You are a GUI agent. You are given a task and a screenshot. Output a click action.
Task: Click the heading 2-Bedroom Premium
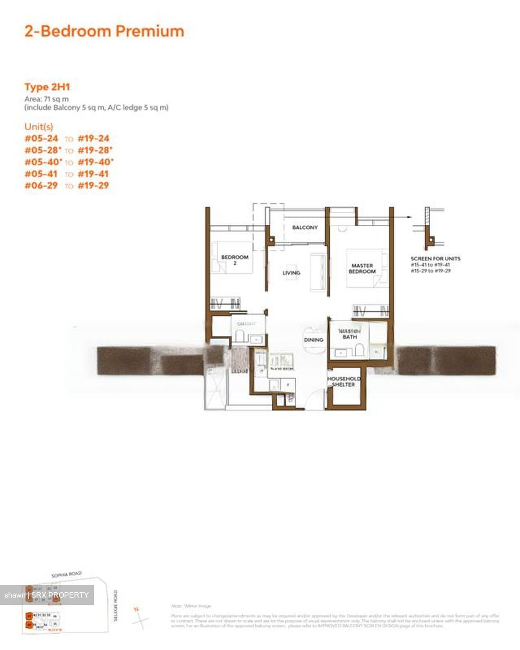104,31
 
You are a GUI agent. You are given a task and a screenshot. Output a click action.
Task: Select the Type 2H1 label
47,87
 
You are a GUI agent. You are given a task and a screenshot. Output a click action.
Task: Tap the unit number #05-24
42,139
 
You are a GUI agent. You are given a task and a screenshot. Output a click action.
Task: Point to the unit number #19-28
94,150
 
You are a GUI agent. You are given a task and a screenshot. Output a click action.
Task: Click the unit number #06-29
42,186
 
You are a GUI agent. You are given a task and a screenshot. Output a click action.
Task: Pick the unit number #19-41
93,174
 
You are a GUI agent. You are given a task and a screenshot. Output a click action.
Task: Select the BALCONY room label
305,227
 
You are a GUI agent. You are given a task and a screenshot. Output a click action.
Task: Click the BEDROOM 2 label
235,260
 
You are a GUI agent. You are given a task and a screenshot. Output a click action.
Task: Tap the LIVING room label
291,273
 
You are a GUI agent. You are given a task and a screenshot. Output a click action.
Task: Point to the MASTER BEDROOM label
362,269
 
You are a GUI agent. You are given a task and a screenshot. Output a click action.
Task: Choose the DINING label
314,339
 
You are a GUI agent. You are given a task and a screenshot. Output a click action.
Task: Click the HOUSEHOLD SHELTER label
344,381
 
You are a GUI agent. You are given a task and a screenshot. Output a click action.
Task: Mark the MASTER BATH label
349,334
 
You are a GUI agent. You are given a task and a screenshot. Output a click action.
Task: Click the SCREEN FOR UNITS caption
435,259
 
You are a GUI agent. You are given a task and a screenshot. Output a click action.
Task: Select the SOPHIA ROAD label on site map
66,575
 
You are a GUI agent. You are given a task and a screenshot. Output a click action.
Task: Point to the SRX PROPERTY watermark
46,595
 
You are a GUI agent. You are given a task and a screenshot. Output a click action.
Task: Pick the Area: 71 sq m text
46,99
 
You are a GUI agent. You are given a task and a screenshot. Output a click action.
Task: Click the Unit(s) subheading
39,126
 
